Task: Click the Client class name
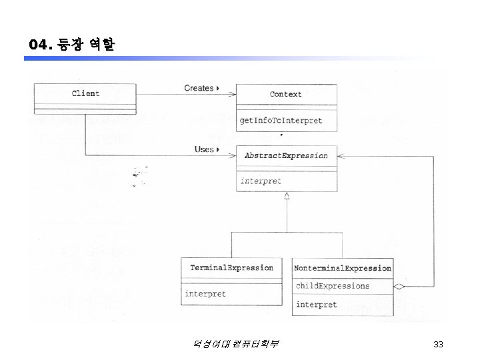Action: click(85, 93)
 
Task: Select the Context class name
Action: click(285, 95)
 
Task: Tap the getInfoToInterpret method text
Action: click(281, 121)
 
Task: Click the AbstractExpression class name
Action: click(286, 155)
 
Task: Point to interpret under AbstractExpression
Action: click(261, 181)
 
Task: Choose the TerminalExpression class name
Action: click(231, 268)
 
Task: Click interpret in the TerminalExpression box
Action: click(205, 293)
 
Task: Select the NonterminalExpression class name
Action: click(343, 268)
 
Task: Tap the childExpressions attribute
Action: click(333, 286)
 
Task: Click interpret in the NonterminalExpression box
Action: click(317, 305)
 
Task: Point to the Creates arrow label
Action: click(199, 88)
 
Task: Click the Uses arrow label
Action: click(204, 149)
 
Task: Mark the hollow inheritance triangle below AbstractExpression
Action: click(286, 196)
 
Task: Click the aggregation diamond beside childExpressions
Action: click(399, 287)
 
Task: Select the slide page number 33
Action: click(438, 344)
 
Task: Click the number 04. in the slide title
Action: click(40, 45)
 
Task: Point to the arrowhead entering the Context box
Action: click(233, 95)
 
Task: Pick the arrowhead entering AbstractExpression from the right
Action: click(341, 155)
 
